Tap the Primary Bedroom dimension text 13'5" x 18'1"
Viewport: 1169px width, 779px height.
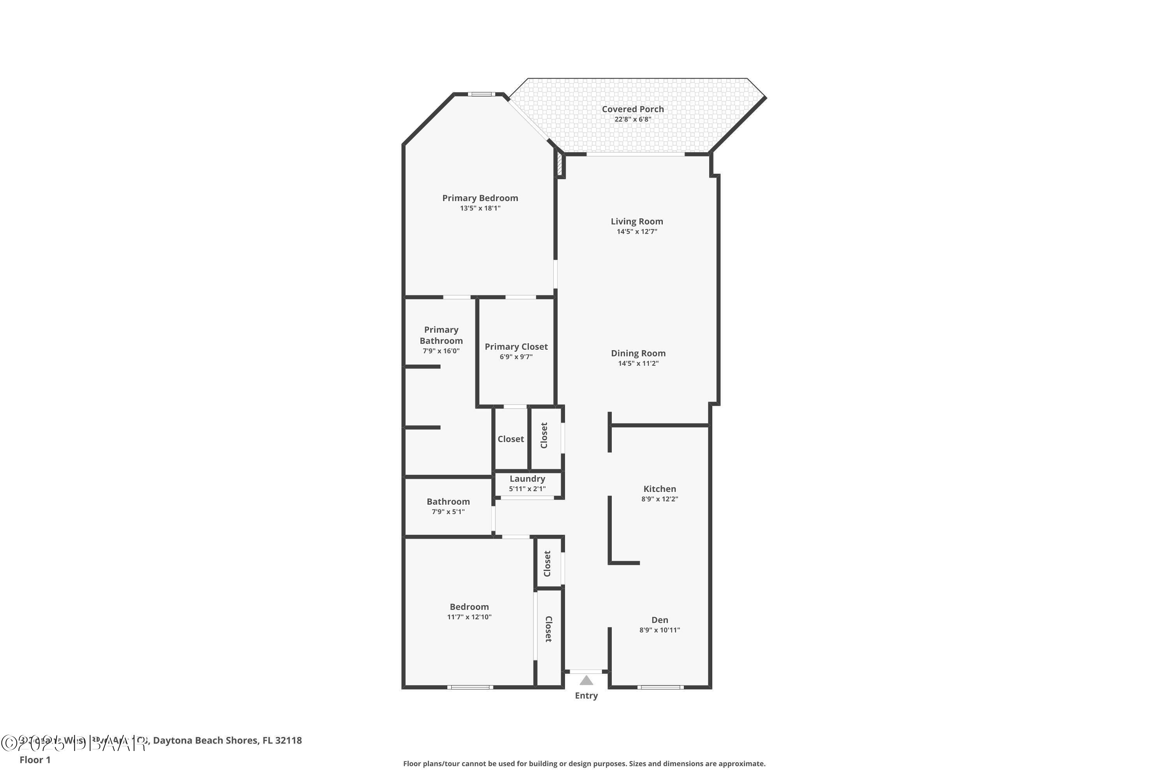[x=480, y=208]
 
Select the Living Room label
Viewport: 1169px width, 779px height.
[x=637, y=222]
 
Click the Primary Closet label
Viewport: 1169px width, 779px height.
[x=516, y=347]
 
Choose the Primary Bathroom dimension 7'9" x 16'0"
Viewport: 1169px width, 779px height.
[x=441, y=351]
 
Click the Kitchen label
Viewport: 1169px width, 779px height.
[x=660, y=489]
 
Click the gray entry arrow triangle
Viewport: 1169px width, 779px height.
[x=586, y=680]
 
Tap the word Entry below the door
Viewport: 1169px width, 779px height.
[x=586, y=696]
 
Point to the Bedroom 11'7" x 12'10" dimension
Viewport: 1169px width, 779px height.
[x=469, y=617]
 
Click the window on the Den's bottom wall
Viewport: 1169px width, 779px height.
[x=660, y=687]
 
